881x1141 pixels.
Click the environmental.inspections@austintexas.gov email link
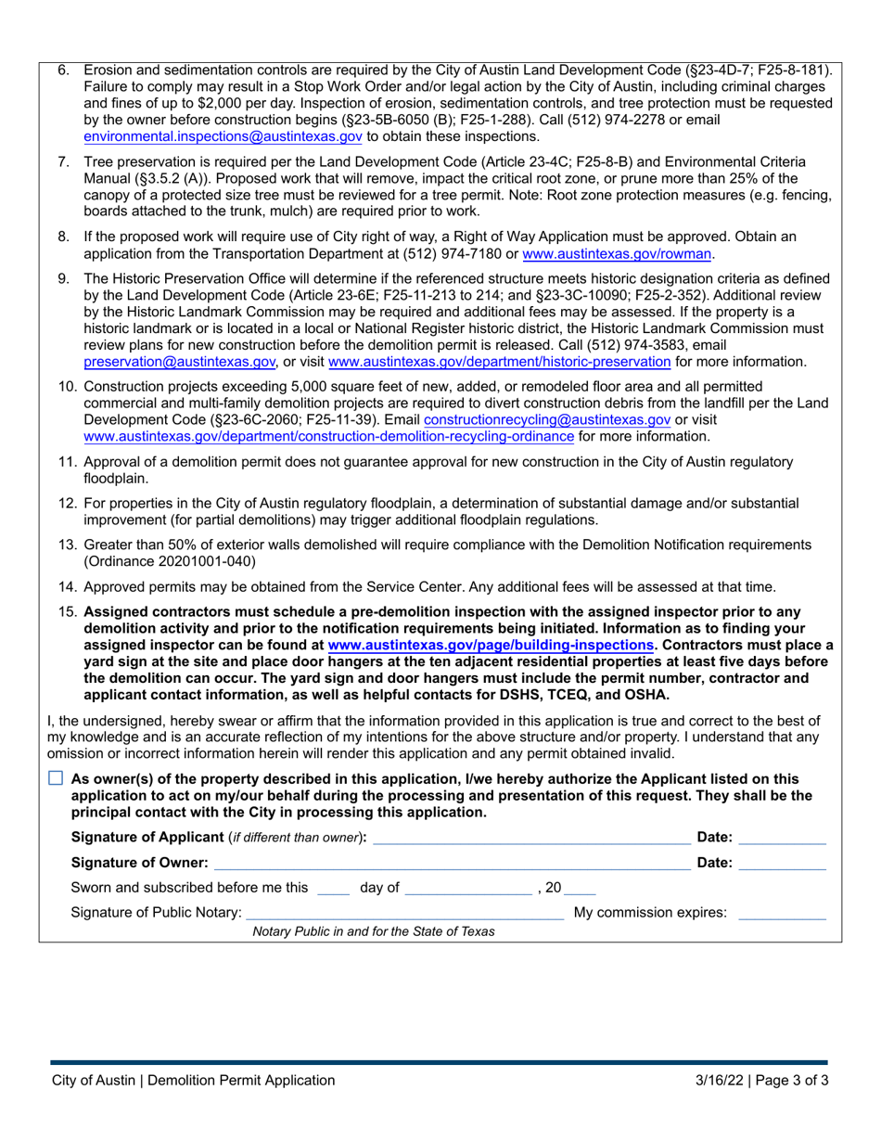tap(223, 136)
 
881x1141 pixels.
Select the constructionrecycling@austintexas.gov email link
tap(546, 419)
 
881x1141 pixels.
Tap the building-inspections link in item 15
tap(491, 645)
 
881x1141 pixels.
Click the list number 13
tap(67, 545)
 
